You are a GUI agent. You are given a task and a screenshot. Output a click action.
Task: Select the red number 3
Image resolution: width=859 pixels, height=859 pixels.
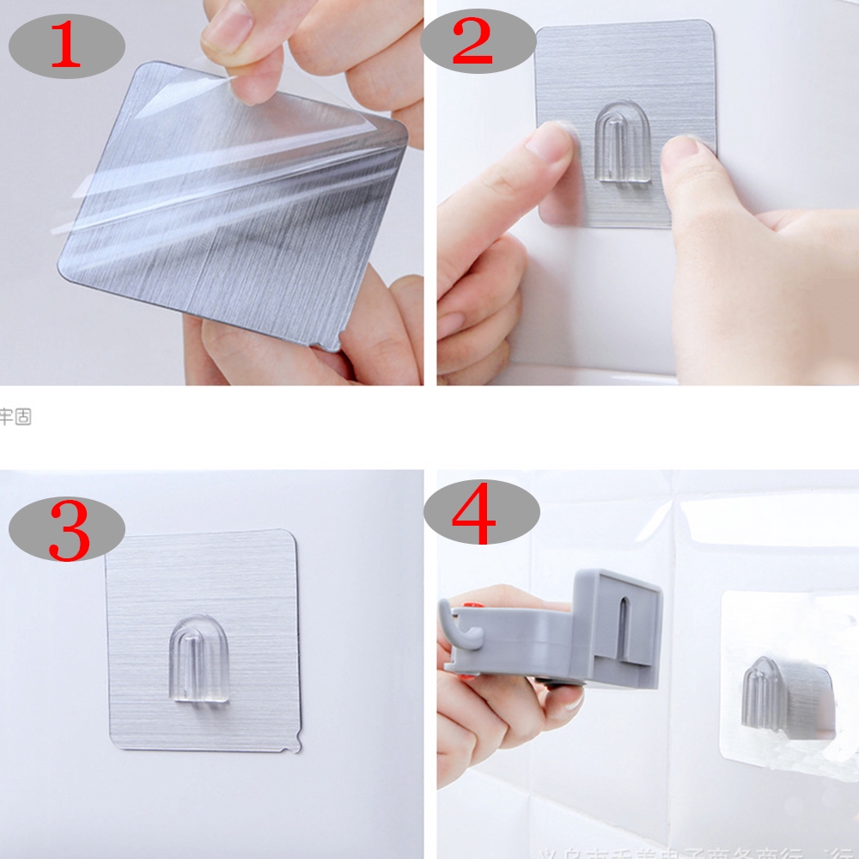69,530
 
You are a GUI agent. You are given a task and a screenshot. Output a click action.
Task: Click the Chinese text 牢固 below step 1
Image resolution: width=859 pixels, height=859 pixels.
15,417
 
